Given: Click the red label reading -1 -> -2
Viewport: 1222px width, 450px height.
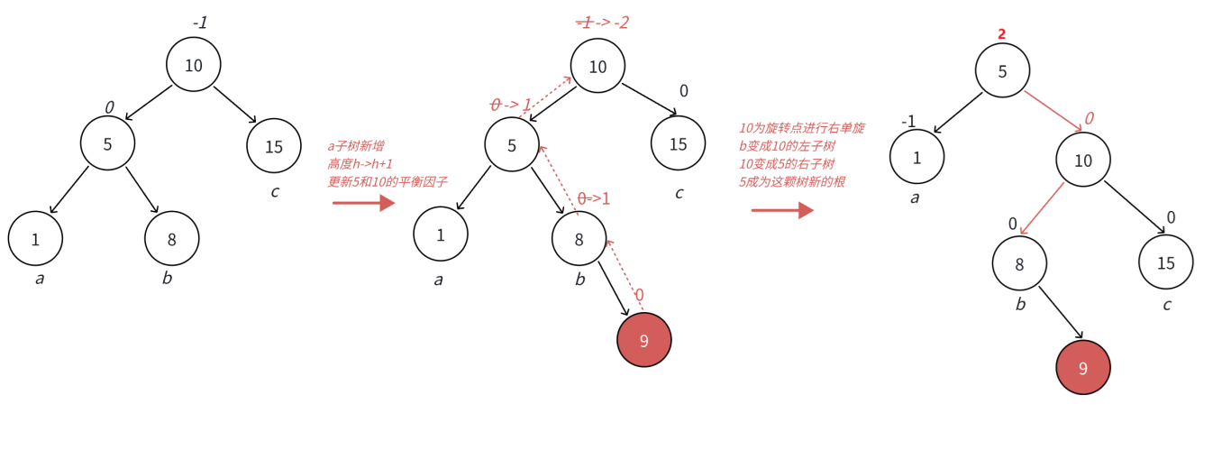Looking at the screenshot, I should pyautogui.click(x=602, y=23).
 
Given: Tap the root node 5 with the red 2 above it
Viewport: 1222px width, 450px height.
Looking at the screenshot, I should pyautogui.click(x=1002, y=70).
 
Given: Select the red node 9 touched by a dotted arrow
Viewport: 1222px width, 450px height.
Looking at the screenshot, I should pyautogui.click(x=644, y=340).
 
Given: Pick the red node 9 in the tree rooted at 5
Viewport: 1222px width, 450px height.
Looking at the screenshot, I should pyautogui.click(x=1083, y=368).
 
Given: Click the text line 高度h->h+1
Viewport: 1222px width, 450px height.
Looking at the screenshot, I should pyautogui.click(x=360, y=163).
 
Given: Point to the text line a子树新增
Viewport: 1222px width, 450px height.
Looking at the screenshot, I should pyautogui.click(x=356, y=145).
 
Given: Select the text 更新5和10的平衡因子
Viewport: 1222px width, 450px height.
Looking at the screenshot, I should pyautogui.click(x=388, y=181).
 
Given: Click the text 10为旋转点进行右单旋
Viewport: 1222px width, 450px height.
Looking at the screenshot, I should pyautogui.click(x=802, y=128).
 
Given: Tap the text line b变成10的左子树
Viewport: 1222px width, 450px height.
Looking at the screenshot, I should pyautogui.click(x=786, y=146).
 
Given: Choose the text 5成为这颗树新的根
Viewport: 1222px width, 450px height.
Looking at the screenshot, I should pyautogui.click(x=792, y=181).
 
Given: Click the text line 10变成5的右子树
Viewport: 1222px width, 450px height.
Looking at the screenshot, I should pyautogui.click(x=786, y=163).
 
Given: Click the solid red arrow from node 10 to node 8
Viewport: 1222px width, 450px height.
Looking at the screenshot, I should pyautogui.click(x=1041, y=208).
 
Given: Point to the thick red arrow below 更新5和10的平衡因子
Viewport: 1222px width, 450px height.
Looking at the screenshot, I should pyautogui.click(x=363, y=203).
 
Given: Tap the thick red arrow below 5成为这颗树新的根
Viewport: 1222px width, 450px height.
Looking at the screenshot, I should pyautogui.click(x=782, y=210).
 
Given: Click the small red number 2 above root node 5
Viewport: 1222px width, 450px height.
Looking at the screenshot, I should pyautogui.click(x=1001, y=33).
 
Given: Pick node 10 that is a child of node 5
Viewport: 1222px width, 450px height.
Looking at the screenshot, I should pyautogui.click(x=1083, y=161).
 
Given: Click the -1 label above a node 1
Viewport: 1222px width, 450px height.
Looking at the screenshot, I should pyautogui.click(x=908, y=121).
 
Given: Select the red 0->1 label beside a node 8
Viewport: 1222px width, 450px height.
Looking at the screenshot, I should pyautogui.click(x=593, y=198).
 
